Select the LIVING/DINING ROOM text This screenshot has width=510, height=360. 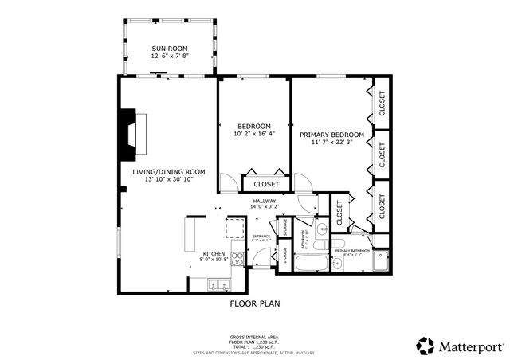[x=169, y=175]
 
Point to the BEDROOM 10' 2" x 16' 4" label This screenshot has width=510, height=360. [x=254, y=131]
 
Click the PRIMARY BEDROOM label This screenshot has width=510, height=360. [x=331, y=139]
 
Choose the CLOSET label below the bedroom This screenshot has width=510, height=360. [x=266, y=184]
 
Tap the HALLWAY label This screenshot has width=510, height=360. [x=265, y=204]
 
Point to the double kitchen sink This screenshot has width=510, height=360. [x=218, y=284]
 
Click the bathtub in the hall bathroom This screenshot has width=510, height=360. [x=310, y=264]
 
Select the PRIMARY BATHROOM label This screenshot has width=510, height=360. [x=348, y=252]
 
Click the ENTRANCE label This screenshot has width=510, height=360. [x=261, y=237]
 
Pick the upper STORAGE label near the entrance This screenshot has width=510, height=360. [x=284, y=226]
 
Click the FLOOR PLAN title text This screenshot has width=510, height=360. [x=255, y=303]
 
